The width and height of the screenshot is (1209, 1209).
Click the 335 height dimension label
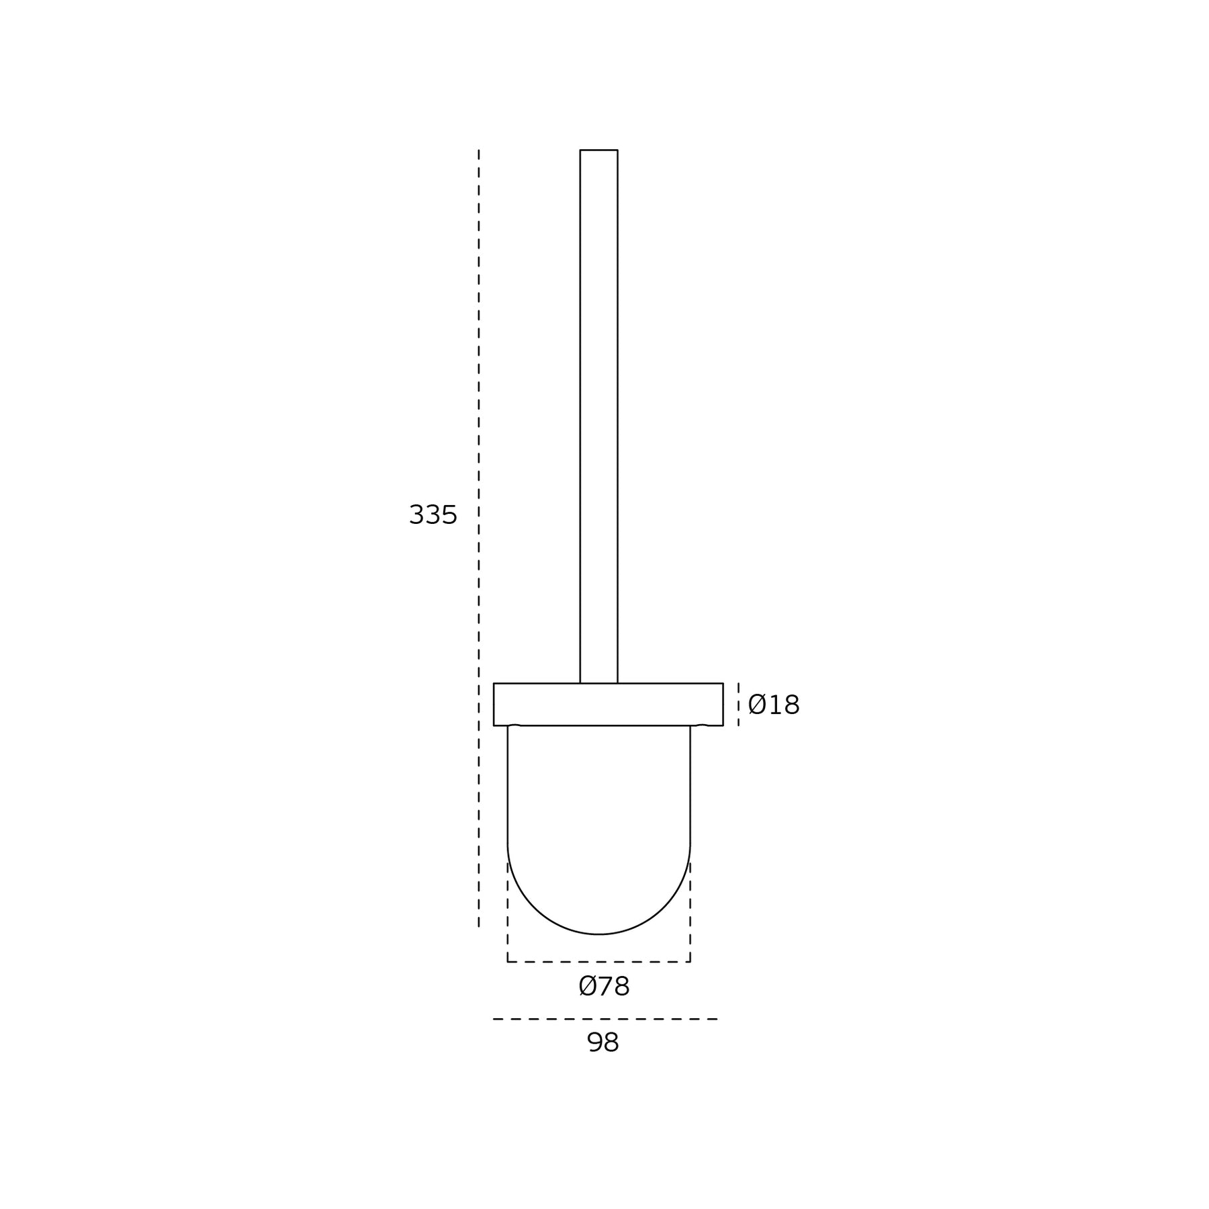pos(433,515)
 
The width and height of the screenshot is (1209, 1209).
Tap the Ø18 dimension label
pos(774,705)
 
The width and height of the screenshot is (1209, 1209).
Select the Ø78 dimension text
pos(604,986)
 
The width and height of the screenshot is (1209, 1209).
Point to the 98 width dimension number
pos(602,1042)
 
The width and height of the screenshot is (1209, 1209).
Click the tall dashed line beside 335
pos(479,538)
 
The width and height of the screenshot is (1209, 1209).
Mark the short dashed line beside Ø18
pos(738,705)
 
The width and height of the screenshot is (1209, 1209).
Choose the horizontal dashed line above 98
pos(605,1019)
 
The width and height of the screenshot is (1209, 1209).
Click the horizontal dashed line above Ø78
pos(598,962)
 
